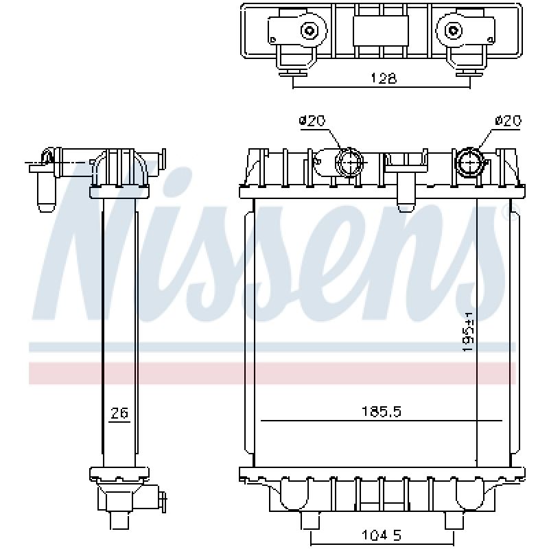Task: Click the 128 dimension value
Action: [384, 78]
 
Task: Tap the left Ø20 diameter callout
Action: [312, 121]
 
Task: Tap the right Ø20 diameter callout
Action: [508, 121]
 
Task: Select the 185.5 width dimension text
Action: [382, 411]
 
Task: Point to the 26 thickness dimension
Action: [119, 413]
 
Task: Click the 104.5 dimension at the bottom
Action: [382, 535]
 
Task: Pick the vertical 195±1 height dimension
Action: [469, 332]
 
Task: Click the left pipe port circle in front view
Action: [349, 162]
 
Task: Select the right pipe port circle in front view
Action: [469, 163]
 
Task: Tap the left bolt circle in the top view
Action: [309, 31]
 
